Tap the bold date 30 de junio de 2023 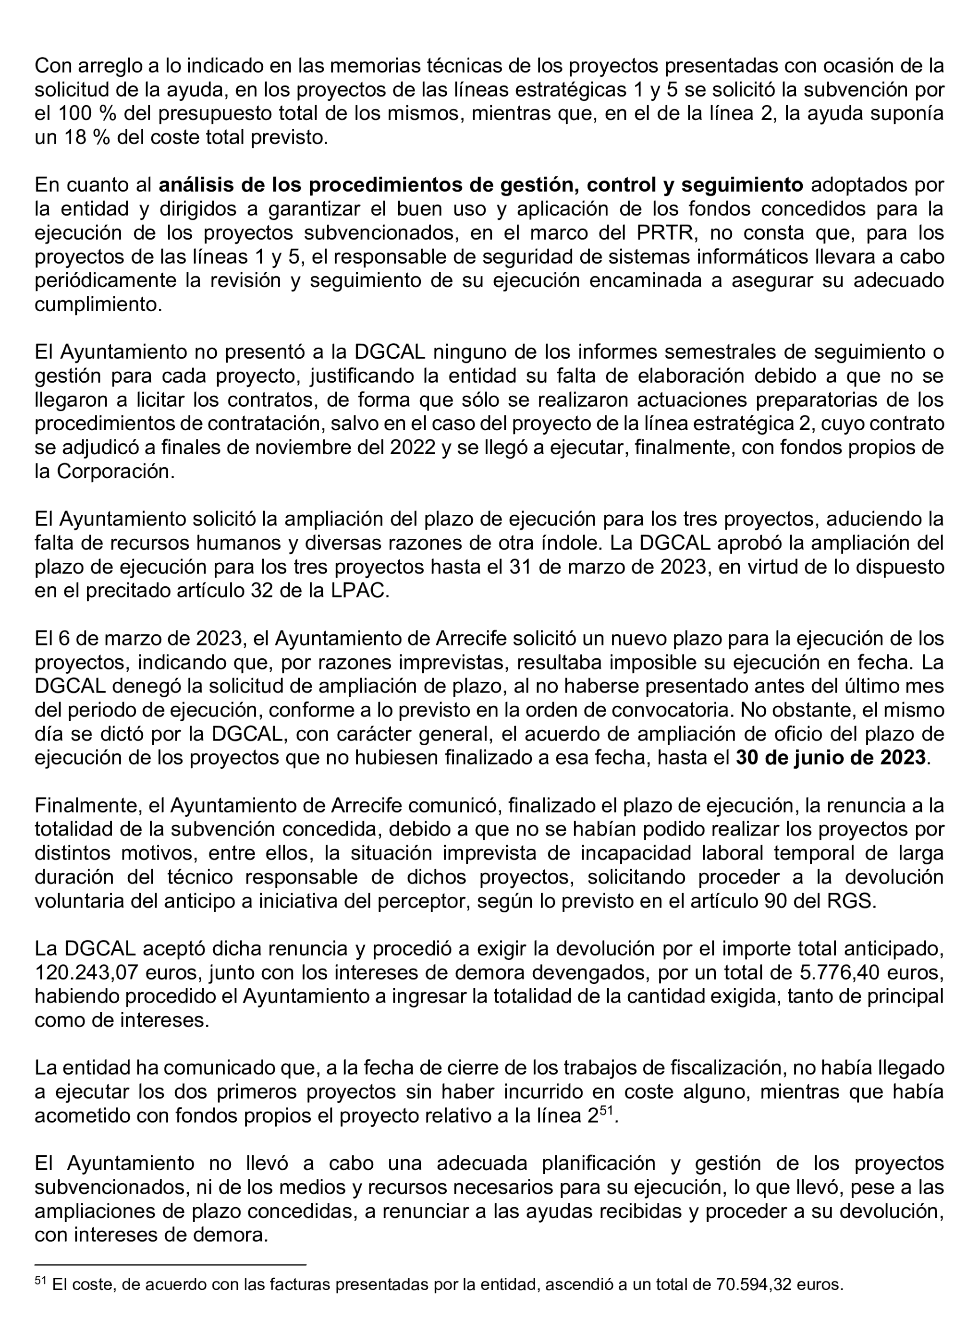[x=830, y=757]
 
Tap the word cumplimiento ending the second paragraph [x=98, y=304]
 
